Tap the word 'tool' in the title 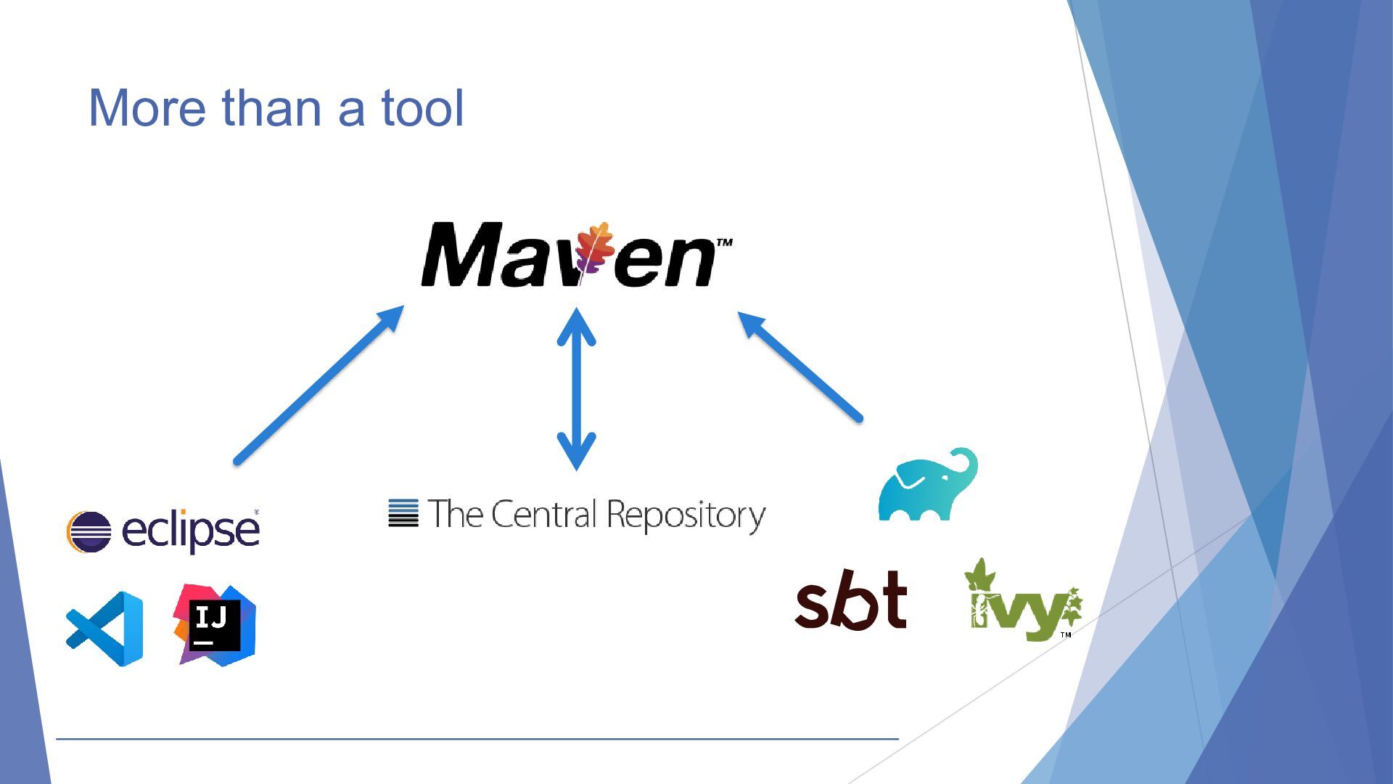tap(422, 107)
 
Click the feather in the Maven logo tap(593, 251)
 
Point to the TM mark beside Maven tap(724, 242)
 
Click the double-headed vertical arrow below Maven tap(576, 389)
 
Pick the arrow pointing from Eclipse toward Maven tap(319, 385)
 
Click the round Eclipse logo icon tap(89, 531)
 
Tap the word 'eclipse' tap(190, 530)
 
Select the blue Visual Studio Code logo tap(104, 629)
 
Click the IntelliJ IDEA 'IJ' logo tap(215, 625)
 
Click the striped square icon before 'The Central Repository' tap(403, 513)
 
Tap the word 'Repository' tap(686, 516)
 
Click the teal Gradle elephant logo tap(928, 484)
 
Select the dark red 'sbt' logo tap(851, 600)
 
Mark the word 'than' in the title tap(271, 107)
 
